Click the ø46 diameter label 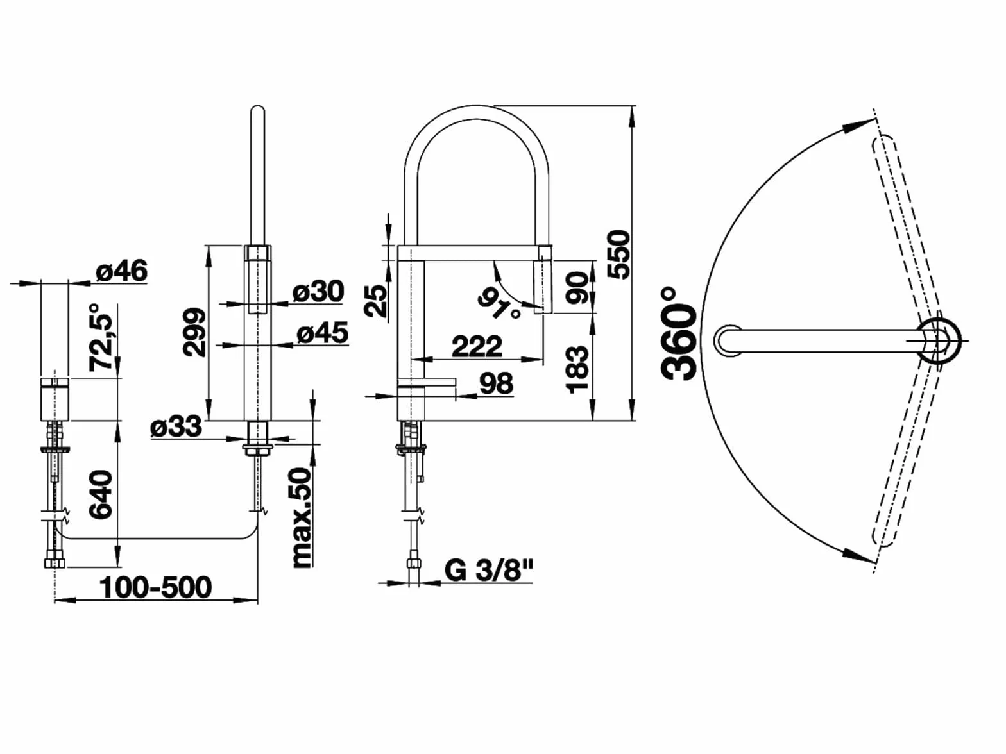pyautogui.click(x=122, y=271)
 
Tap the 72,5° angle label pyautogui.click(x=101, y=337)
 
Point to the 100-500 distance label pyautogui.click(x=155, y=588)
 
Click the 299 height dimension pyautogui.click(x=194, y=333)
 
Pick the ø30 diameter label pyautogui.click(x=318, y=291)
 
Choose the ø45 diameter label pyautogui.click(x=323, y=333)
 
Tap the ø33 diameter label pyautogui.click(x=176, y=426)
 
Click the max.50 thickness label pyautogui.click(x=302, y=518)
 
